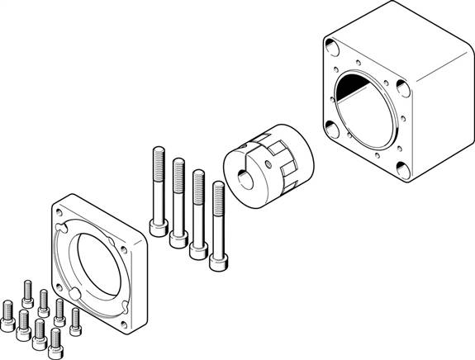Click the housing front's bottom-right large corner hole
click(402, 169)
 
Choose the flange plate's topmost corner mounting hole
click(65, 210)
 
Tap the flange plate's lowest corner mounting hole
click(125, 324)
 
